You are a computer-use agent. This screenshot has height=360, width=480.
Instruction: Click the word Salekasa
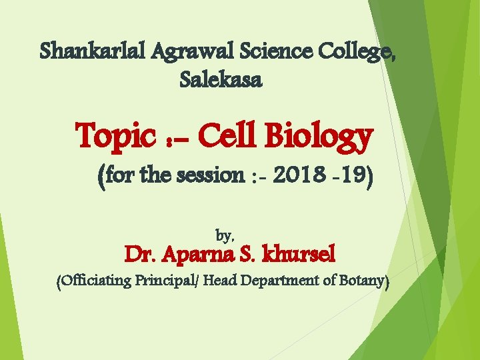click(221, 81)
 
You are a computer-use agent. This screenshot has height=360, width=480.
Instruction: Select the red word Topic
click(114, 137)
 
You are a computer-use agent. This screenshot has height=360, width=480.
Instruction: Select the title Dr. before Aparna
click(141, 255)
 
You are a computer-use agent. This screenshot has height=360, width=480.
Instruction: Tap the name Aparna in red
click(198, 255)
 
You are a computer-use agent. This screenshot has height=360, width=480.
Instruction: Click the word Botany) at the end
click(364, 282)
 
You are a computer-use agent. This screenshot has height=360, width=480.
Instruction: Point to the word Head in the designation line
click(217, 281)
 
